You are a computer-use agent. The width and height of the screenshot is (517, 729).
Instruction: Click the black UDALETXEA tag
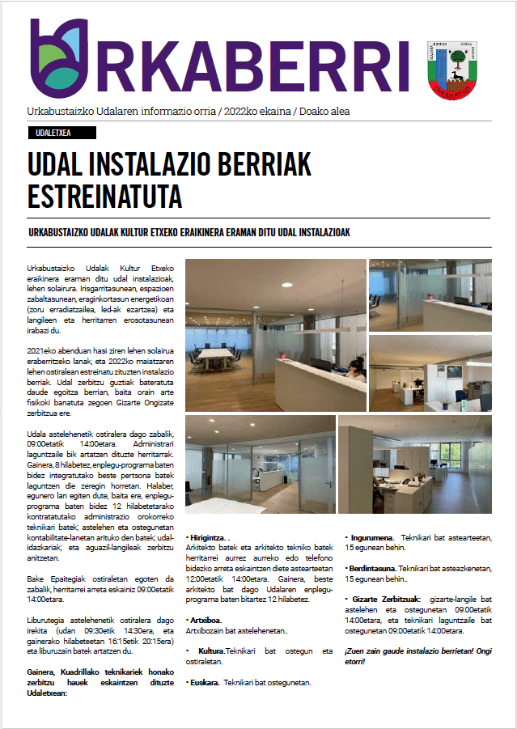[x=55, y=134]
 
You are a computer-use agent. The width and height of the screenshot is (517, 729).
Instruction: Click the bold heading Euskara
[x=205, y=682]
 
